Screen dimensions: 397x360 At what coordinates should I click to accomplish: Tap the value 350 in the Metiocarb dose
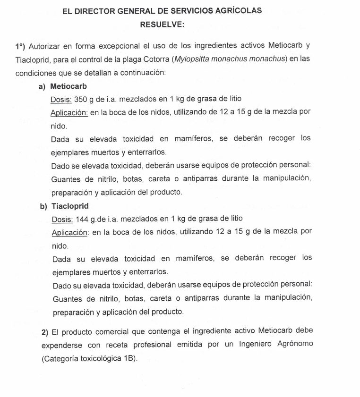tap(81, 100)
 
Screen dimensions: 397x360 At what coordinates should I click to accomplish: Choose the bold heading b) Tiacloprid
tap(64, 206)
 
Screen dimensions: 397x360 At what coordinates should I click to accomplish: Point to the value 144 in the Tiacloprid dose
tap(81, 219)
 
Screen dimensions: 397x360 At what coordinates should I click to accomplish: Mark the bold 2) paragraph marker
tap(45, 332)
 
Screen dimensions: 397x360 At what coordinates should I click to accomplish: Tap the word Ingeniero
tap(255, 345)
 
